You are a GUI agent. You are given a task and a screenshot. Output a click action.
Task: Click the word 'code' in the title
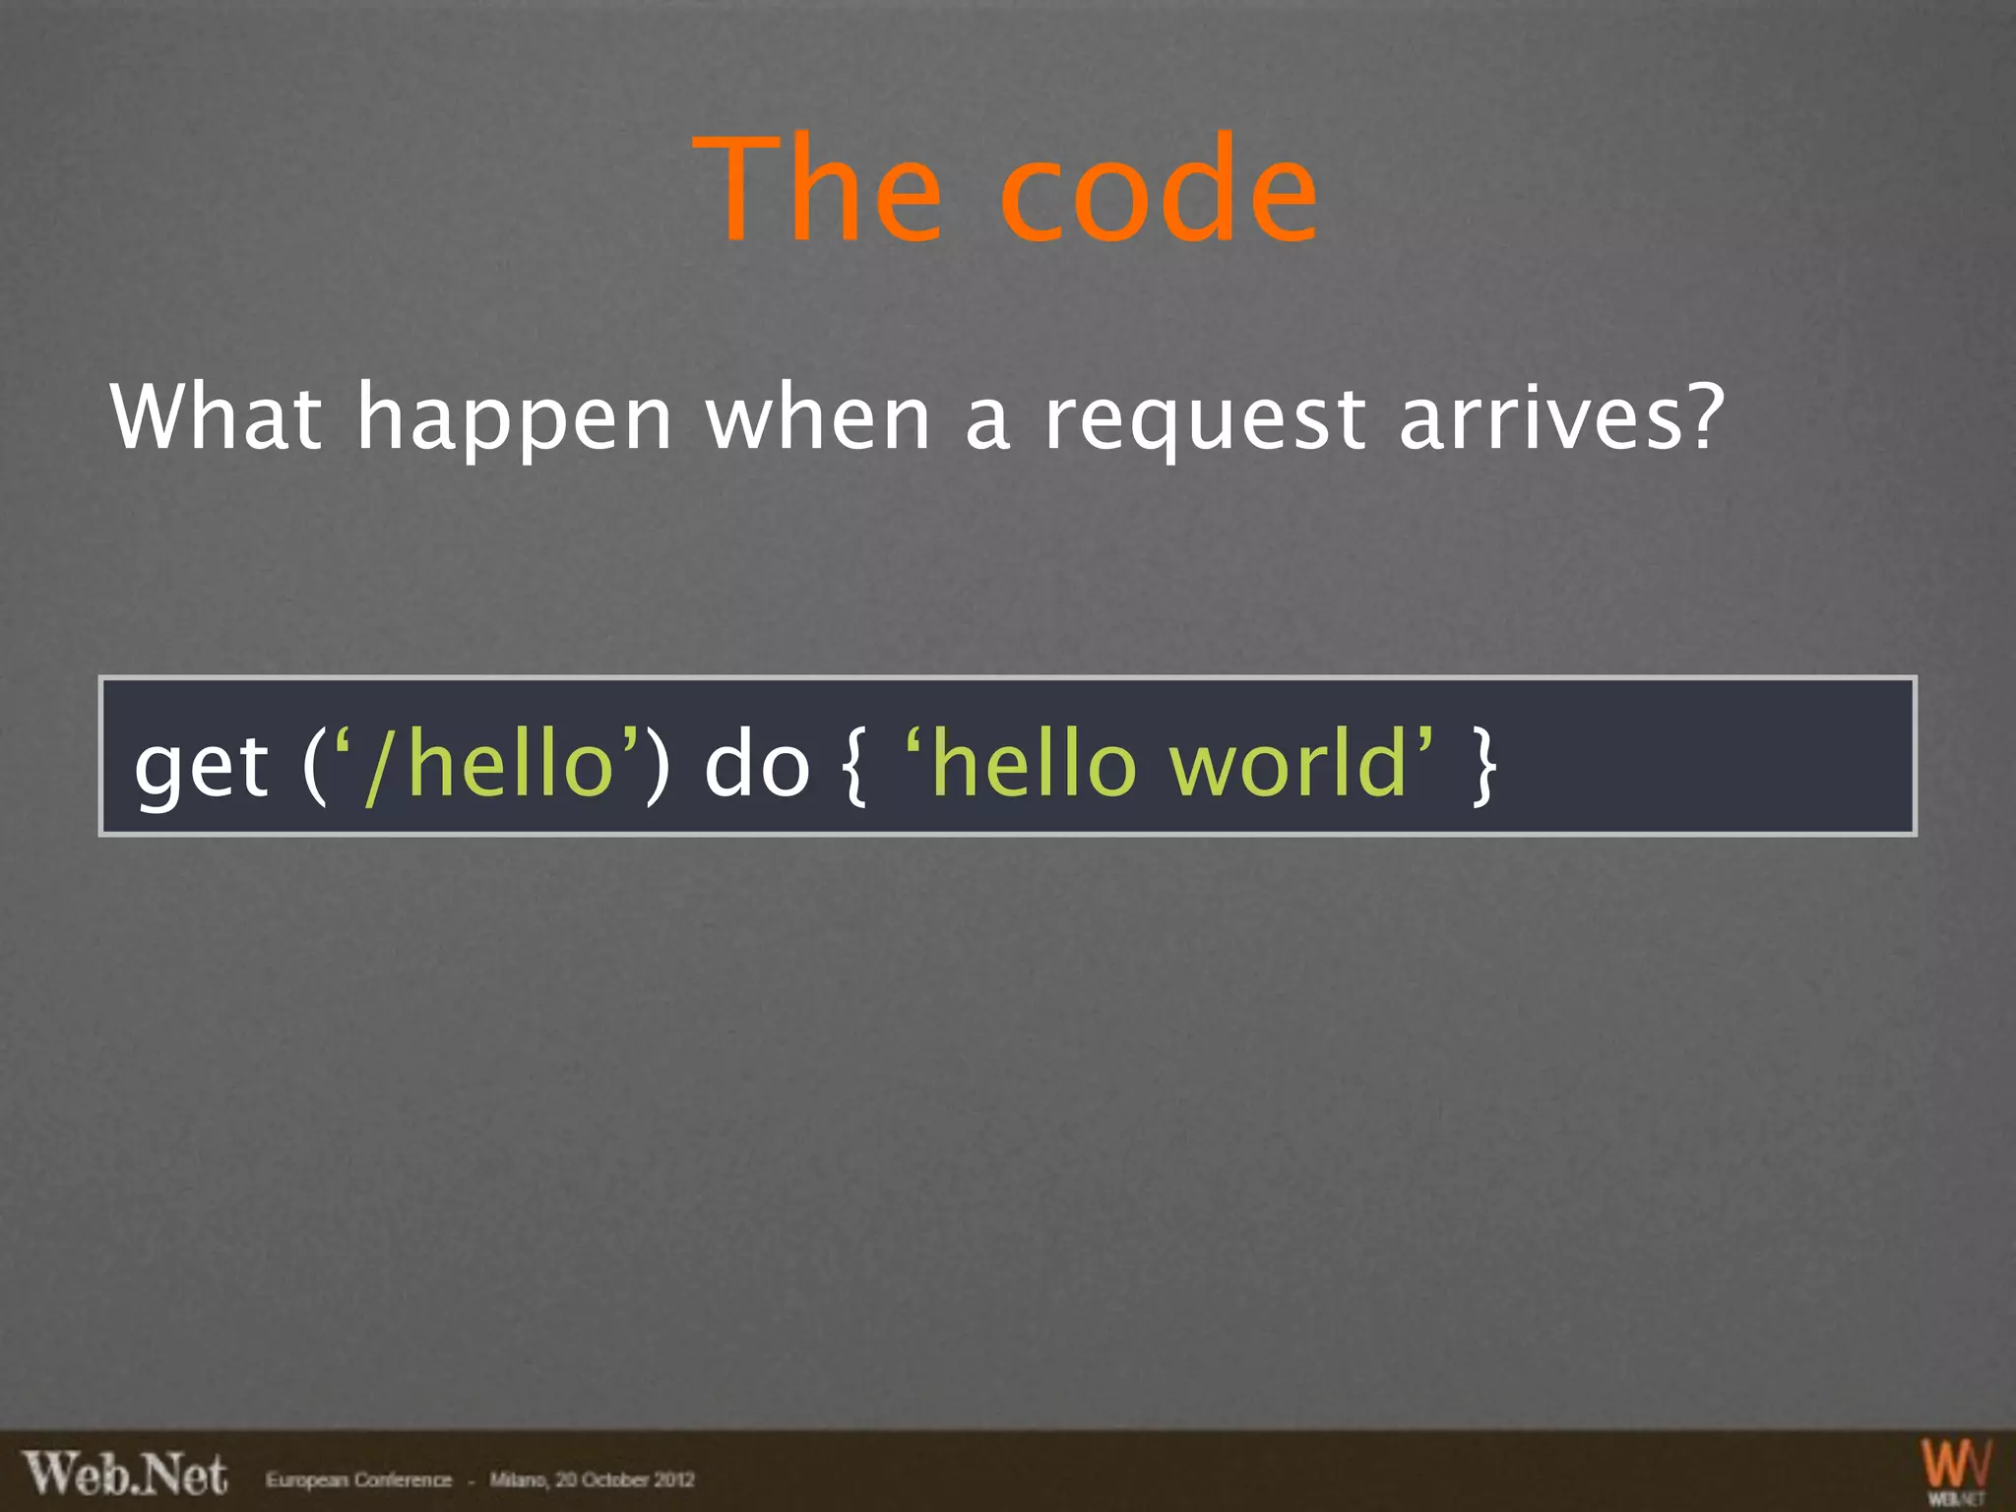pyautogui.click(x=1158, y=189)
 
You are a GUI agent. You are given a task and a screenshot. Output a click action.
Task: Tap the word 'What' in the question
pyautogui.click(x=216, y=417)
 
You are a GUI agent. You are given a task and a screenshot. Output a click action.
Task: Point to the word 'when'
pyautogui.click(x=818, y=417)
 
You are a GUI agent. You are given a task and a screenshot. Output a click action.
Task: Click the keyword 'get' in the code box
pyautogui.click(x=201, y=768)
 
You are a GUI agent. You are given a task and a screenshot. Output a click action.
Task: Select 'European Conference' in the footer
pyautogui.click(x=358, y=1480)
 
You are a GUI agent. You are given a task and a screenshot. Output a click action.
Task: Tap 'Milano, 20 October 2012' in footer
pyautogui.click(x=592, y=1480)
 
